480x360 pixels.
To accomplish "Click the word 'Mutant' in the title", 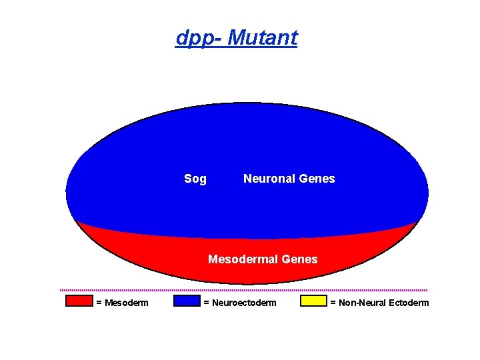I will click(262, 38).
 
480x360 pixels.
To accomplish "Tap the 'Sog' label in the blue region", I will click(195, 179).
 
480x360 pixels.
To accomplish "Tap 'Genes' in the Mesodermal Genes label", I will click(301, 259).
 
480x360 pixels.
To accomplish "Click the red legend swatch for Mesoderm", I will click(79, 301).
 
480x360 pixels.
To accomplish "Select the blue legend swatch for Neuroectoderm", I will click(187, 301).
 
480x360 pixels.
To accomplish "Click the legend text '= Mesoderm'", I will click(122, 303).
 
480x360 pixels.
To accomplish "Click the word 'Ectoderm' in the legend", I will click(409, 303).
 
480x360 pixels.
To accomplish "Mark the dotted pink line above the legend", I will click(243, 290).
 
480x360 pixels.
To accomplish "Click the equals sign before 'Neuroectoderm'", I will click(205, 303).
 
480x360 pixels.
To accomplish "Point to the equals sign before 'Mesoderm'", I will click(99, 303).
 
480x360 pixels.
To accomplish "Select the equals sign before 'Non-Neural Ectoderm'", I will click(333, 303).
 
